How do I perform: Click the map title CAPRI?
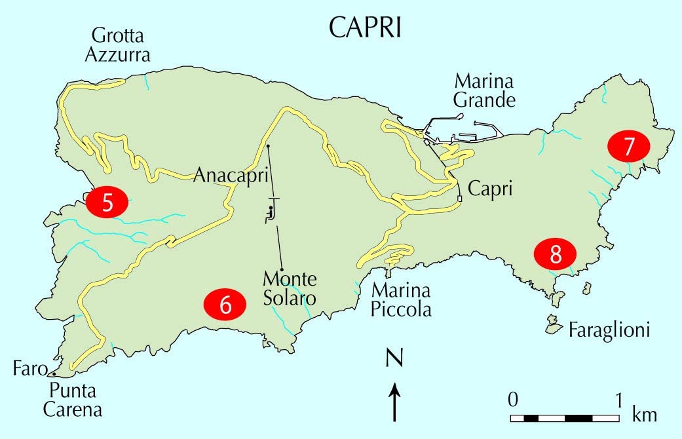pos(365,28)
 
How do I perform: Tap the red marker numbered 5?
pos(108,202)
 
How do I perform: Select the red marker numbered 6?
pos(225,305)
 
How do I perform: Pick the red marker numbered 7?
pos(628,147)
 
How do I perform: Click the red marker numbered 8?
pos(555,254)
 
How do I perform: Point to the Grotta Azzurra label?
pos(118,45)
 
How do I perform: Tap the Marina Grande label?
pos(484,91)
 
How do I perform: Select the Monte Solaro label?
pos(290,289)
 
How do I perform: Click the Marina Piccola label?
pos(402,300)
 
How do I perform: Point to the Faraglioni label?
pos(609,330)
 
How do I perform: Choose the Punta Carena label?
pos(73,401)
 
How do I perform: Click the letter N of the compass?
pos(394,360)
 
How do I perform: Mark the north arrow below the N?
pos(394,400)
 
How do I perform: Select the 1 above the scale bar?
pos(618,399)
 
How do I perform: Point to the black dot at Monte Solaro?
pos(281,270)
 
